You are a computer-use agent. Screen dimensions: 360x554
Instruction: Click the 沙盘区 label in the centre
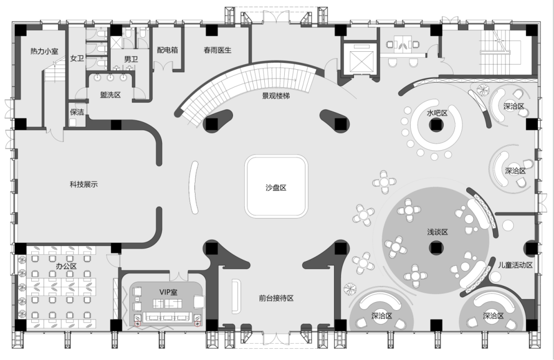(275, 188)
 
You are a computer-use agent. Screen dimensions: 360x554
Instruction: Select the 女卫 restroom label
(77, 59)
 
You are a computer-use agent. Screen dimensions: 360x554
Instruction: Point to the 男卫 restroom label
(131, 59)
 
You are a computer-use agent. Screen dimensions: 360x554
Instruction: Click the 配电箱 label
(167, 50)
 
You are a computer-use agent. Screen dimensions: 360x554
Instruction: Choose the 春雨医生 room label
(217, 50)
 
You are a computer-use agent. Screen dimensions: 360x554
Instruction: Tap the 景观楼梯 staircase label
(276, 95)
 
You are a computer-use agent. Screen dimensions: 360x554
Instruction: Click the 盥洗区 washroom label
(110, 94)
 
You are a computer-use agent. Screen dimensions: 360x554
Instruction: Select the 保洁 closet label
(77, 112)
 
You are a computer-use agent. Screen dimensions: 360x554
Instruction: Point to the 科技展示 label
(84, 185)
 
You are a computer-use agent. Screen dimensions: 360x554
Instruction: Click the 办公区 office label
(66, 266)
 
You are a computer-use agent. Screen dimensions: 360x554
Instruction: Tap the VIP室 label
(168, 292)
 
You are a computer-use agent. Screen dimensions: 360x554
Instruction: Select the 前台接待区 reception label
(276, 298)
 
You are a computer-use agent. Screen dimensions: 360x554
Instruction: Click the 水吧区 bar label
(438, 113)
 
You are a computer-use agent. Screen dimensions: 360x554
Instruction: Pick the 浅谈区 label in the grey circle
(438, 232)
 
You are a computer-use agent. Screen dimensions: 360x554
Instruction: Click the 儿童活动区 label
(516, 265)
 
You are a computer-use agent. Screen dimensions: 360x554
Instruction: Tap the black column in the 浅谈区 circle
(436, 248)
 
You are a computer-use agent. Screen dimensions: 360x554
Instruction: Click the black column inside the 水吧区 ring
(436, 125)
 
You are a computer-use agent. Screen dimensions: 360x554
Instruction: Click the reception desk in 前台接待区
(236, 296)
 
